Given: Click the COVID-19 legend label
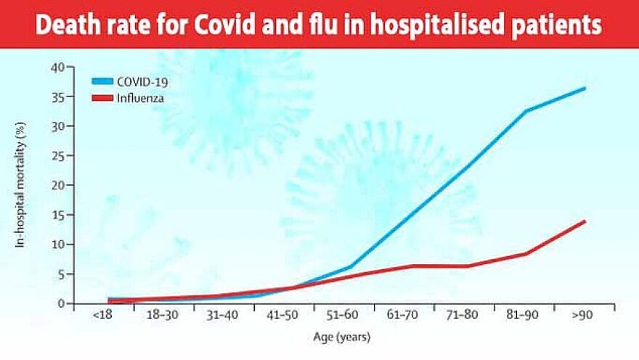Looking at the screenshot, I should click(x=147, y=82).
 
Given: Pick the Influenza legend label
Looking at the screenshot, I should click(x=143, y=97).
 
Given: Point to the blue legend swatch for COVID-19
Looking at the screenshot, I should click(x=106, y=82).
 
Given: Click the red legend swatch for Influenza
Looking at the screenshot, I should click(x=106, y=97).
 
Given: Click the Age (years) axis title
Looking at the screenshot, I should click(x=343, y=337).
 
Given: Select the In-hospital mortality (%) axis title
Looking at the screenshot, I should click(x=21, y=185).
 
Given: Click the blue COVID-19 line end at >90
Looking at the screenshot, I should click(x=584, y=89).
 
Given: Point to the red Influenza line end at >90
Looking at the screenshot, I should click(x=584, y=221).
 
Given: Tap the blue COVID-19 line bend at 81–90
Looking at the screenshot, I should click(x=524, y=111).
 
